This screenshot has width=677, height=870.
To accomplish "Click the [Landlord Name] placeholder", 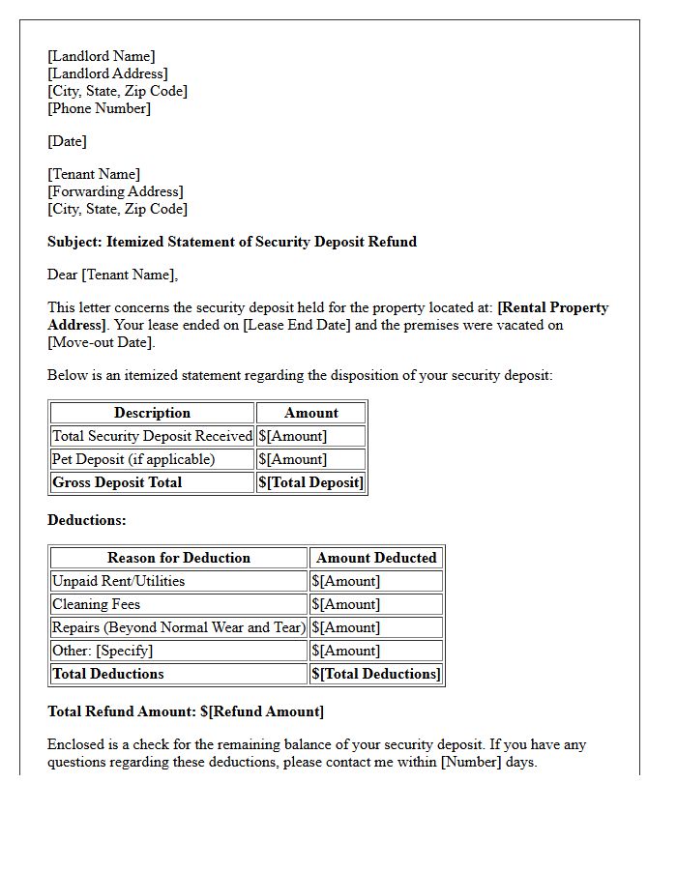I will tap(101, 56).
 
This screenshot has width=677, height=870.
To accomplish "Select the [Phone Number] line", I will tap(99, 108).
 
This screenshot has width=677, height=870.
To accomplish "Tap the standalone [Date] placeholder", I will tap(67, 141).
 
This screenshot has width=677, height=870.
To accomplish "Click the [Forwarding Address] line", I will tap(115, 191).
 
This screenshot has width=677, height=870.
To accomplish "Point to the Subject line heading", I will tap(232, 242).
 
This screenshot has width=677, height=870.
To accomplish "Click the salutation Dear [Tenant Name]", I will tap(112, 275).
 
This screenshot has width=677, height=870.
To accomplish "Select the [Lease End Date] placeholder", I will tap(296, 325).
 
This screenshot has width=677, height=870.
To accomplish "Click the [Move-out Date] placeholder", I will tap(101, 342).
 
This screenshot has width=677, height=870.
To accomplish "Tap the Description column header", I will tap(152, 413).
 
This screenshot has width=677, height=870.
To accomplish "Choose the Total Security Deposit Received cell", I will tap(152, 436).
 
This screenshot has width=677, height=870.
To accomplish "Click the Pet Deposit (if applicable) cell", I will tap(133, 459).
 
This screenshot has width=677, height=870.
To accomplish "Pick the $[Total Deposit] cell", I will tap(310, 482).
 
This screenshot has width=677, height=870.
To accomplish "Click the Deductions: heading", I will tap(87, 520).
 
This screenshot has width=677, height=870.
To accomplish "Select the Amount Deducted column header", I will tap(376, 558).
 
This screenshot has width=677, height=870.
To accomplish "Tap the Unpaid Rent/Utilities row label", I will tap(118, 581).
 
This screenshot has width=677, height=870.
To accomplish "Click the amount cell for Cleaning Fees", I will tap(346, 604).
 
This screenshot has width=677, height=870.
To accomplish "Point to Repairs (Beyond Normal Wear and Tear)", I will tap(179, 627).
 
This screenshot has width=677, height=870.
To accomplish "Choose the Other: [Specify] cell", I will tap(103, 651).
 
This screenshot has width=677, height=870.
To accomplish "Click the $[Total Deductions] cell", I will tap(376, 674).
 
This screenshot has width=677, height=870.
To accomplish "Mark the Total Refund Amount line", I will tap(186, 711).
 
